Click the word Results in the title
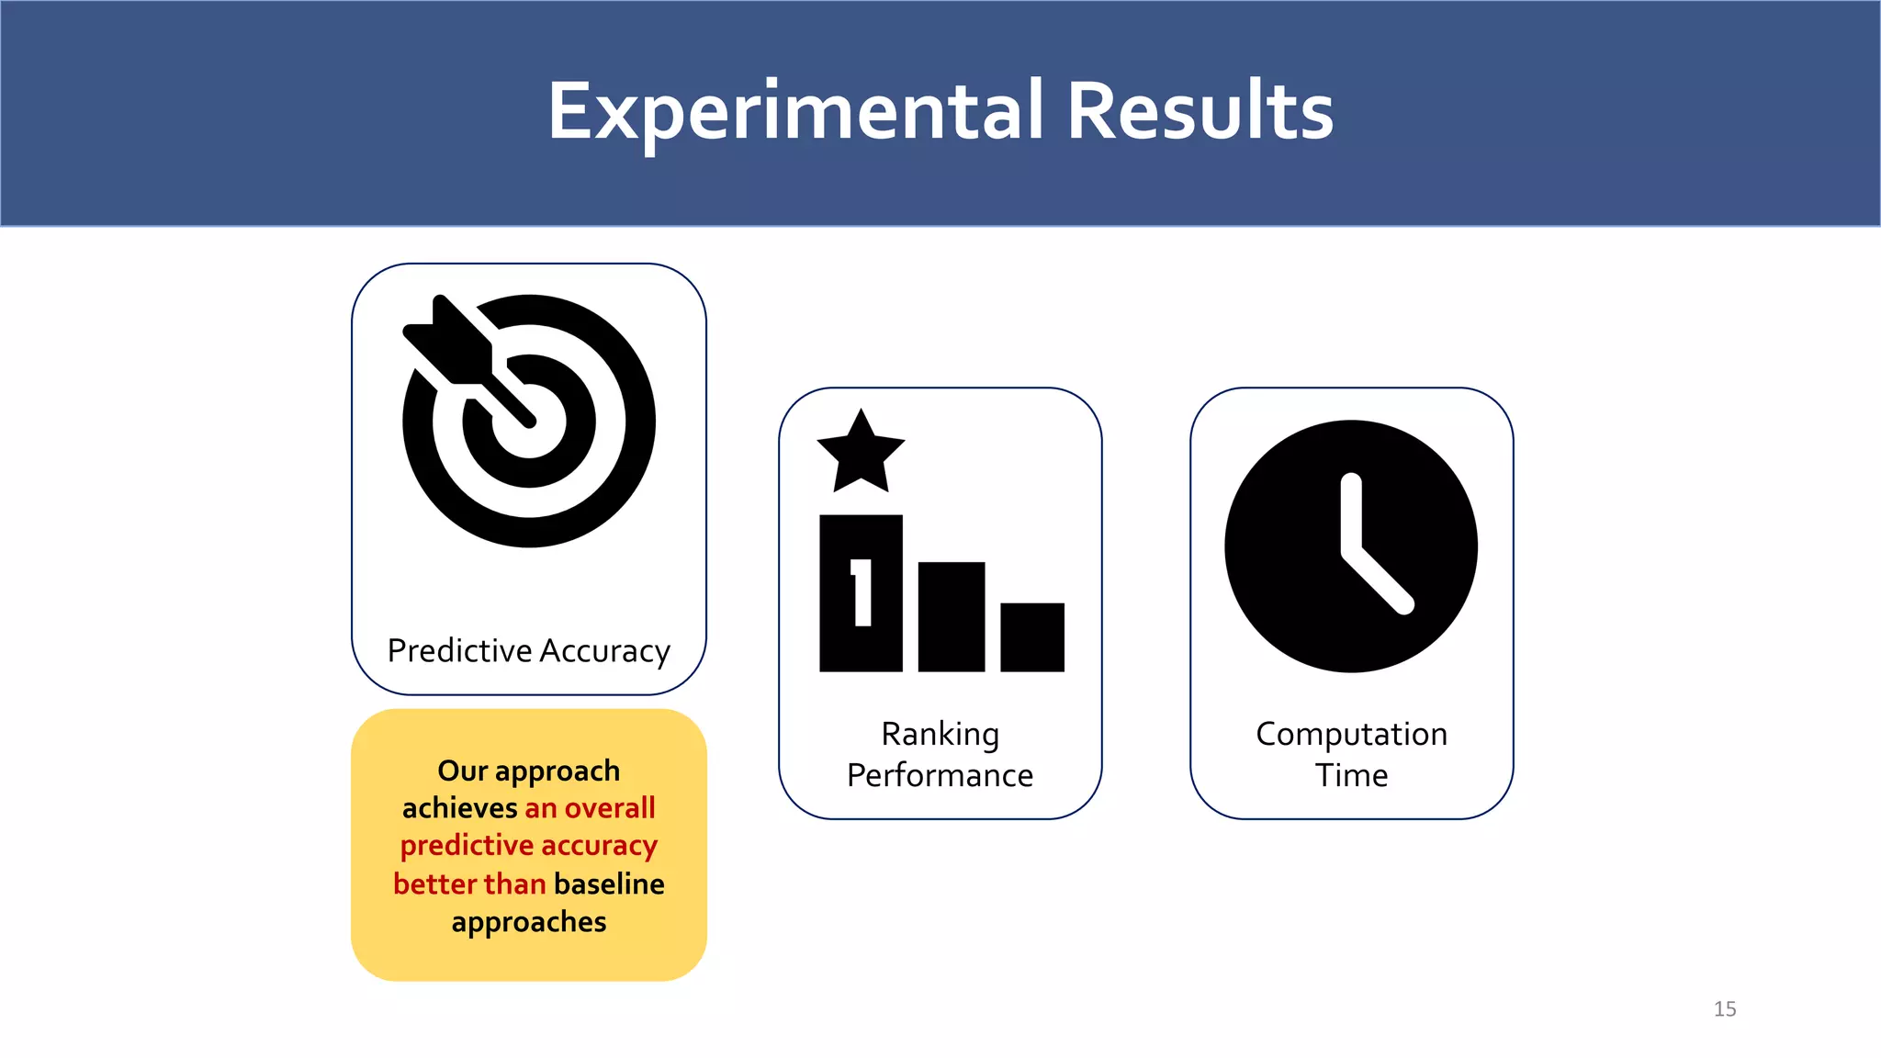click(x=1200, y=112)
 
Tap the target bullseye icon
click(x=530, y=422)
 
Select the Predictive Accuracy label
click(x=528, y=650)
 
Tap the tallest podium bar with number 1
click(x=861, y=594)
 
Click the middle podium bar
click(x=952, y=617)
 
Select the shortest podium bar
click(x=1032, y=637)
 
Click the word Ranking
click(x=940, y=734)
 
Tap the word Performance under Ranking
click(x=940, y=775)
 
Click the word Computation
click(x=1351, y=734)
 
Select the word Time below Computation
click(x=1351, y=775)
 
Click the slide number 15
click(x=1724, y=1008)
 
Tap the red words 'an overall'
click(x=590, y=808)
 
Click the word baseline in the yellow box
click(x=609, y=884)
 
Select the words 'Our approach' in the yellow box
click(x=528, y=771)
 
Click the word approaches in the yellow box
click(x=528, y=921)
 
